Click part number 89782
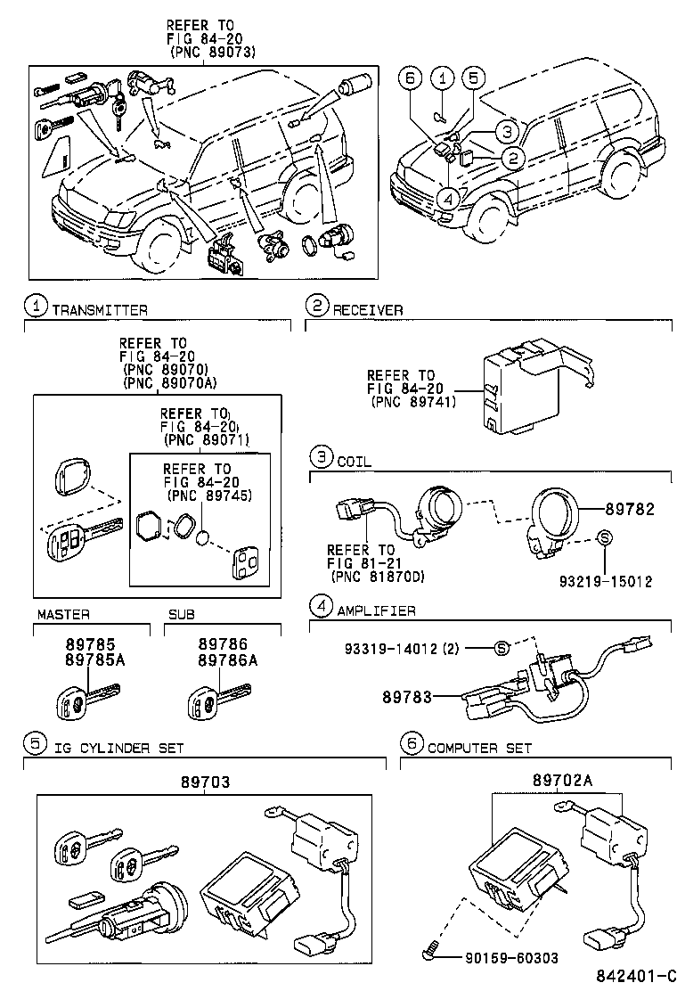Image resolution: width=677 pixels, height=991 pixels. (x=630, y=510)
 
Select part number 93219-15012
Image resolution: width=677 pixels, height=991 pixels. (x=605, y=582)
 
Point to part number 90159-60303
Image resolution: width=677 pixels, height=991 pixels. (x=511, y=958)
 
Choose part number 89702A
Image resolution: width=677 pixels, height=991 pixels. (x=562, y=780)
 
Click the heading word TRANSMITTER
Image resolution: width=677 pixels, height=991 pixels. (x=99, y=310)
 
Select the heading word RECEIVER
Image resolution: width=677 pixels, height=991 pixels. (x=368, y=310)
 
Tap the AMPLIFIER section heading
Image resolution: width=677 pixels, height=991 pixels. (x=376, y=610)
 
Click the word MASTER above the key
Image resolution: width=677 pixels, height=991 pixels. (x=63, y=616)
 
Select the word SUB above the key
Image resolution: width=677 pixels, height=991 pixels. (x=181, y=616)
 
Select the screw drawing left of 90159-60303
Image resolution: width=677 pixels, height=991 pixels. (x=431, y=954)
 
